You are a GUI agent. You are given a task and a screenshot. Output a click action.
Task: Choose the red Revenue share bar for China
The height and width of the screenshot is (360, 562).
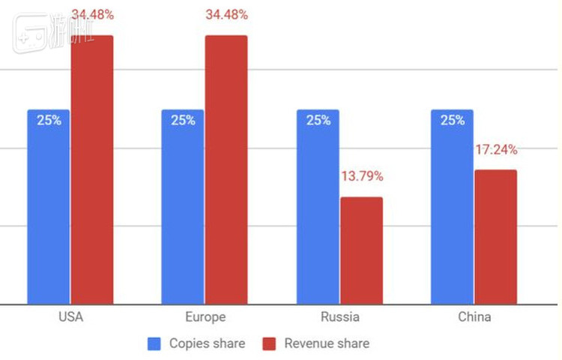pos(495,236)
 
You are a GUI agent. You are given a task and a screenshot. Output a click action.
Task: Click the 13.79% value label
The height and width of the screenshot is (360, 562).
pos(362,176)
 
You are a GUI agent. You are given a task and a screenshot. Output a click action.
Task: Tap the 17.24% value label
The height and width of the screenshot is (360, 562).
pos(496,149)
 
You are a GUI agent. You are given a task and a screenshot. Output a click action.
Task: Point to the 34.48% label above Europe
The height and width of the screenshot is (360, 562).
pos(227,14)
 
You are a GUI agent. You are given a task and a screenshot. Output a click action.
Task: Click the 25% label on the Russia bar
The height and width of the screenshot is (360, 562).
pos(318,120)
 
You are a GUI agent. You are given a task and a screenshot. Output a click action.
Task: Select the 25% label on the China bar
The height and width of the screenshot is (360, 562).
pos(452,120)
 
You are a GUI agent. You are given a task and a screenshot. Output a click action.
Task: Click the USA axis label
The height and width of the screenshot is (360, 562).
pos(70,316)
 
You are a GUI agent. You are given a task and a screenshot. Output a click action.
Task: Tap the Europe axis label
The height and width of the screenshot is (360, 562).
pos(205,316)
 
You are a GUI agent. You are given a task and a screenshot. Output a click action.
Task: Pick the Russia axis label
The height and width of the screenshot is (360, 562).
pos(339,316)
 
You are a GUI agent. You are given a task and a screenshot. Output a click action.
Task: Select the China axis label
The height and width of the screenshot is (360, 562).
pos(474,316)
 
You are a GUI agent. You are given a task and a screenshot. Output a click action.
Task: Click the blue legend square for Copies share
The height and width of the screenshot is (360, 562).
pos(155,343)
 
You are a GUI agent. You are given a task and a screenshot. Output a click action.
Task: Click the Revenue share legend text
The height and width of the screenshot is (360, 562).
pos(327,343)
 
